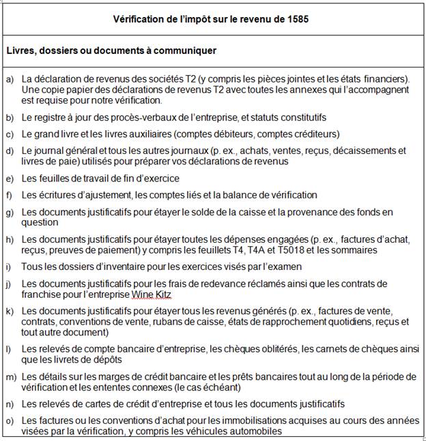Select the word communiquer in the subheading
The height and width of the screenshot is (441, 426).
[x=183, y=50]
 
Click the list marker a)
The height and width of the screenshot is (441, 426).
[x=10, y=79]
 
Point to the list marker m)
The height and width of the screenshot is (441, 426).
[x=11, y=377]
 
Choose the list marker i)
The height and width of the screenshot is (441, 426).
[x=8, y=267]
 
